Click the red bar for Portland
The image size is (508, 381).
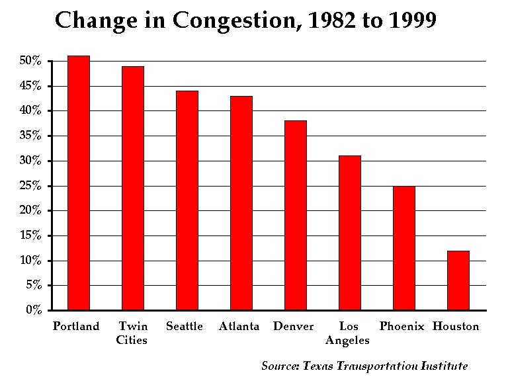79,183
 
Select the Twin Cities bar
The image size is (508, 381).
133,188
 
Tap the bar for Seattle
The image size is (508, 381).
187,200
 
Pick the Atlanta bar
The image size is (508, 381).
241,203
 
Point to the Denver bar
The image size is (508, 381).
296,215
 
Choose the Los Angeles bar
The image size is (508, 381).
350,233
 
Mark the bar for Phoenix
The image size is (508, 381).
404,248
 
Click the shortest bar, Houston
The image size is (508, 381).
458,280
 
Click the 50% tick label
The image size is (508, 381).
30,61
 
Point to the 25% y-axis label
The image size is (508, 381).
30,186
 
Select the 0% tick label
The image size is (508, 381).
33,310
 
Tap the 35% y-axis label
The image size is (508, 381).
30,136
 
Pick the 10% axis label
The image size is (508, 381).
30,261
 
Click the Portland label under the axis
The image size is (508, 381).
76,327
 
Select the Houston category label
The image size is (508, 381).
456,327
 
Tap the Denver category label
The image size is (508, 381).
293,327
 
